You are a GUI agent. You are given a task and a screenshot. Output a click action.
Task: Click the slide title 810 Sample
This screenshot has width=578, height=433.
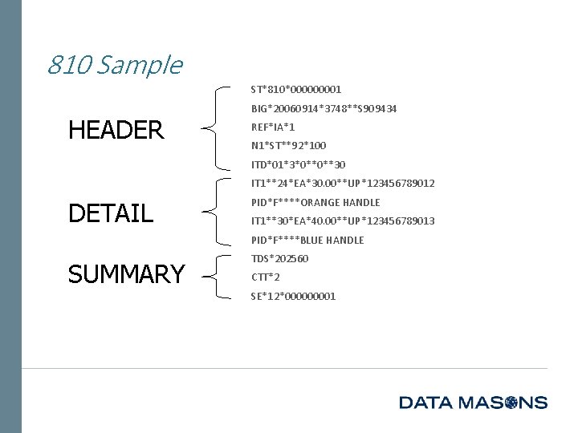click(114, 64)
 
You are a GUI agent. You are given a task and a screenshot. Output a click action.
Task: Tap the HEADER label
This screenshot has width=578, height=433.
click(116, 129)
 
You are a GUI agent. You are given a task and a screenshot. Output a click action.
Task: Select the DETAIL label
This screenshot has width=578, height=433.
click(111, 213)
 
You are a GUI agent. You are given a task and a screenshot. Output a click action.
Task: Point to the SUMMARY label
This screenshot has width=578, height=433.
click(126, 274)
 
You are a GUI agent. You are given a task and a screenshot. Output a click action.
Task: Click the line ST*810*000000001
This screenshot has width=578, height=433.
click(296, 89)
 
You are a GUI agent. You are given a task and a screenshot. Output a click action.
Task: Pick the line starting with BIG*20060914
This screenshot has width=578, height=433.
click(324, 108)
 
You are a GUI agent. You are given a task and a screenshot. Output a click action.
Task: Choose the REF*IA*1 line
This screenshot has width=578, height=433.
click(273, 127)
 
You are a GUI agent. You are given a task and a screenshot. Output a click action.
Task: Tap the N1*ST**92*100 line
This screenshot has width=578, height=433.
click(288, 146)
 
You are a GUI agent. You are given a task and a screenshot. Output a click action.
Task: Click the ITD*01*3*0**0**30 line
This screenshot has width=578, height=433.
click(298, 164)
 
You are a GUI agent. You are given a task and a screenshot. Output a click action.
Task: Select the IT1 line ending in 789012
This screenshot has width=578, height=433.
click(343, 184)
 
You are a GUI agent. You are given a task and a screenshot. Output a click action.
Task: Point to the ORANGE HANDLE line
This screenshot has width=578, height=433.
click(315, 202)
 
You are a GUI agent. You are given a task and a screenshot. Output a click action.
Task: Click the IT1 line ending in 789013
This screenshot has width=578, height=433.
click(343, 221)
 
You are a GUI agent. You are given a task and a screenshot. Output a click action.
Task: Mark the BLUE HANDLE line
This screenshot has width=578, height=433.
click(307, 240)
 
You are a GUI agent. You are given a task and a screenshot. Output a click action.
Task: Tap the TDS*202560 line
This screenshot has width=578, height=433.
click(279, 258)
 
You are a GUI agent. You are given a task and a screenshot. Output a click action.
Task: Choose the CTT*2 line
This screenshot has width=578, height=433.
click(265, 277)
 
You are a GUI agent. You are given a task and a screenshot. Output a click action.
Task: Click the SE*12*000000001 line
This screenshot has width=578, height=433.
click(293, 296)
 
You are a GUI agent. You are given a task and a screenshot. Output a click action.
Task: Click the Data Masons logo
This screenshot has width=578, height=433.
click(473, 402)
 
